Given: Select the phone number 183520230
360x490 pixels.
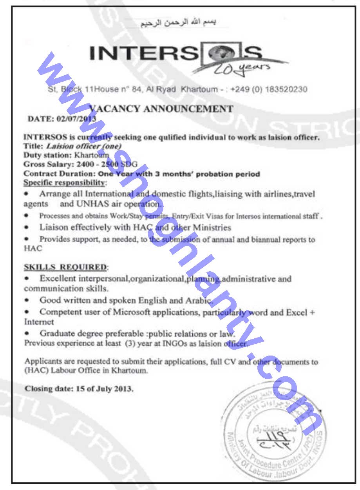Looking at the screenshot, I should pyautogui.click(x=286, y=89).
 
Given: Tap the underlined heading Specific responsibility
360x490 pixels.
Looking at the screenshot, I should pyautogui.click(x=64, y=183).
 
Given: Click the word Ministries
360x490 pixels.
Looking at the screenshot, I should pyautogui.click(x=211, y=227).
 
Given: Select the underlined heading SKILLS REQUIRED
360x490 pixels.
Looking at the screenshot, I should pyautogui.click(x=65, y=267).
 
